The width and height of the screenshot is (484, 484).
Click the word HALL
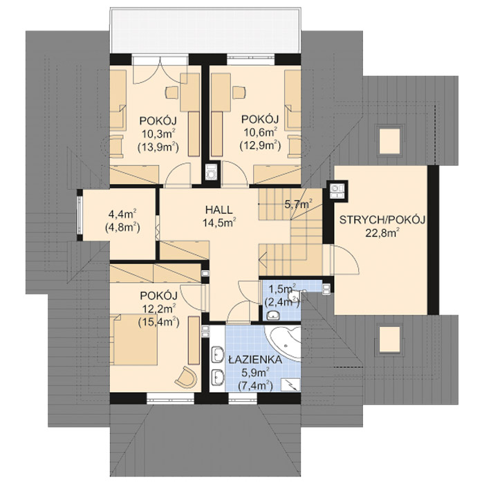(x=218, y=209)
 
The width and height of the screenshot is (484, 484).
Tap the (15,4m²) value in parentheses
(x=158, y=322)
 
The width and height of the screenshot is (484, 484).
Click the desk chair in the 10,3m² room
(x=171, y=91)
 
